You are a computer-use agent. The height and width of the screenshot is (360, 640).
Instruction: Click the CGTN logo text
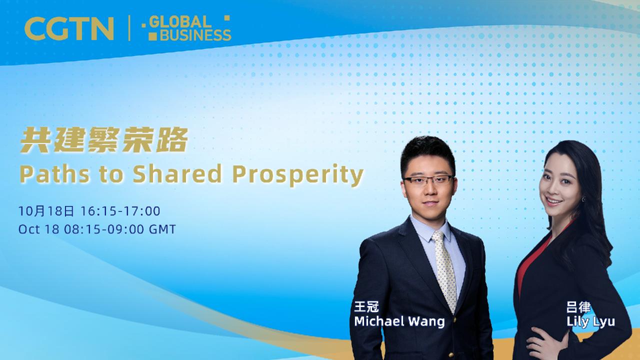tap(69, 28)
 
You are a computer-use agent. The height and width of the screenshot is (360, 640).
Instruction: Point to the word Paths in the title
tap(47, 174)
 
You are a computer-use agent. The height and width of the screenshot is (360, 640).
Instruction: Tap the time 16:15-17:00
tap(120, 211)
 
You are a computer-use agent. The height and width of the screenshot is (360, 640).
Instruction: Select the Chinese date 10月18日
tap(46, 211)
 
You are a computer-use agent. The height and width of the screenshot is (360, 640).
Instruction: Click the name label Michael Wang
tap(399, 321)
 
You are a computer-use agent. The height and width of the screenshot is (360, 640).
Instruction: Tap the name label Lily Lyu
tap(590, 321)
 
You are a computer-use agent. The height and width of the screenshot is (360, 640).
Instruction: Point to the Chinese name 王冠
tap(366, 307)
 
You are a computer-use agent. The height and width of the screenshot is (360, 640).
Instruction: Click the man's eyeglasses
tap(428, 180)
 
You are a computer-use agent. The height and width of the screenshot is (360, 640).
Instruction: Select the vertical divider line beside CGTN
tap(129, 28)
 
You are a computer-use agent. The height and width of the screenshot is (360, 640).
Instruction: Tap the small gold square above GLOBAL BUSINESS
tap(227, 18)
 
